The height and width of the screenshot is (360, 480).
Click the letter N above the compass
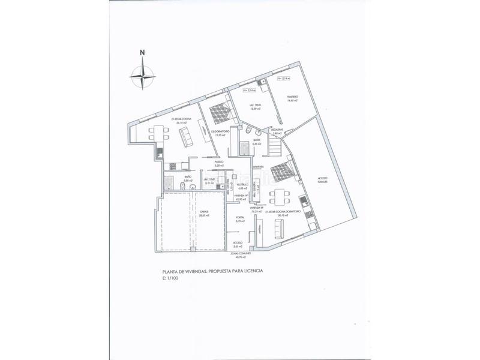tap(142, 52)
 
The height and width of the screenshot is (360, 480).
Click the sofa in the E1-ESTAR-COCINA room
tap(187, 139)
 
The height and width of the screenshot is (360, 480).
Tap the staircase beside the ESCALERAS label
tap(275, 145)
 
